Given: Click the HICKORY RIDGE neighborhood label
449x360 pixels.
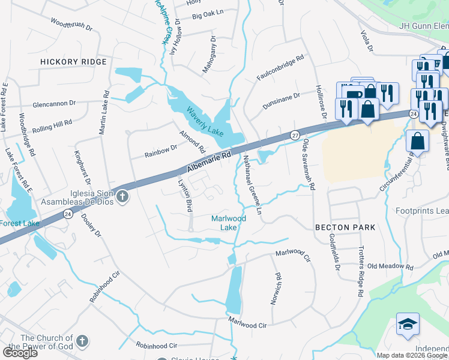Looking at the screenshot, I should coord(73,62).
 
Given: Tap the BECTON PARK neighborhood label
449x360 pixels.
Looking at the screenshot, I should coord(345,227).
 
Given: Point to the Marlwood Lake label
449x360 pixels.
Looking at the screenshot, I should coord(228,223).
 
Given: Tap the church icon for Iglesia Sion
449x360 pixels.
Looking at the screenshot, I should coord(122,196).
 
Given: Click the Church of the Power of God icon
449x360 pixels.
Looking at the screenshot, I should coord(83,342).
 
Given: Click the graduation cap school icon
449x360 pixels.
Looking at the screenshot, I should coord(408,323).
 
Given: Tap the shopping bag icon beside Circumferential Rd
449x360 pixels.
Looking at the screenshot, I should coord(417,141).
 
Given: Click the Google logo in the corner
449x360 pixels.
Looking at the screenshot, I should coord(20,353).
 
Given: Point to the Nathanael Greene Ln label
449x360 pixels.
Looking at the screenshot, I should coord(252,186).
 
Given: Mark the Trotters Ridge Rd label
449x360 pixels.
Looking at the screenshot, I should coord(361,273).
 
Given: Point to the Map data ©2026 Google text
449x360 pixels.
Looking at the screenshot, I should coord(411,355).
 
